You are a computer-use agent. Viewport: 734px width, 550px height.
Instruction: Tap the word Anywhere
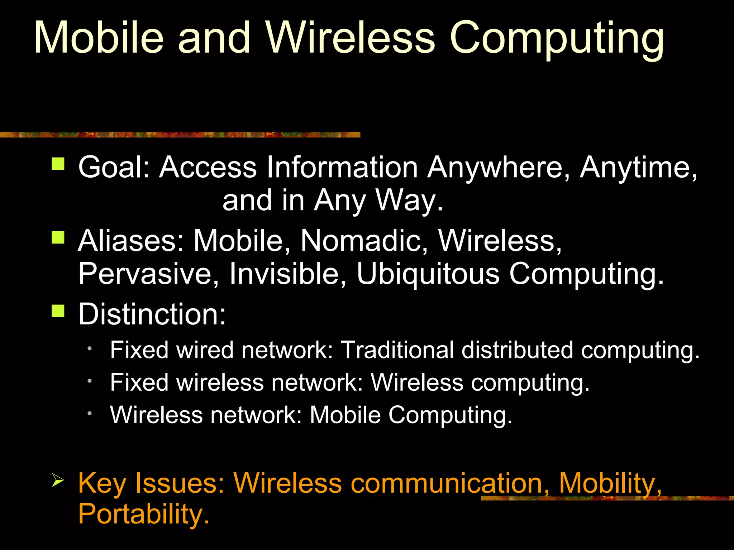coord(498,168)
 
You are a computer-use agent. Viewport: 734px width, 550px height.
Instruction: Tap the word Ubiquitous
coord(428,274)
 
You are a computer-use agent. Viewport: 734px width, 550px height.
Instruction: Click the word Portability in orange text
coord(143,514)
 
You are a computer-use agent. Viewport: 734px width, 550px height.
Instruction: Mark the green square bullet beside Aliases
coord(58,237)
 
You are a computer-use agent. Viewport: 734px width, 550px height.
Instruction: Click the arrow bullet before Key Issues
coord(58,480)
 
